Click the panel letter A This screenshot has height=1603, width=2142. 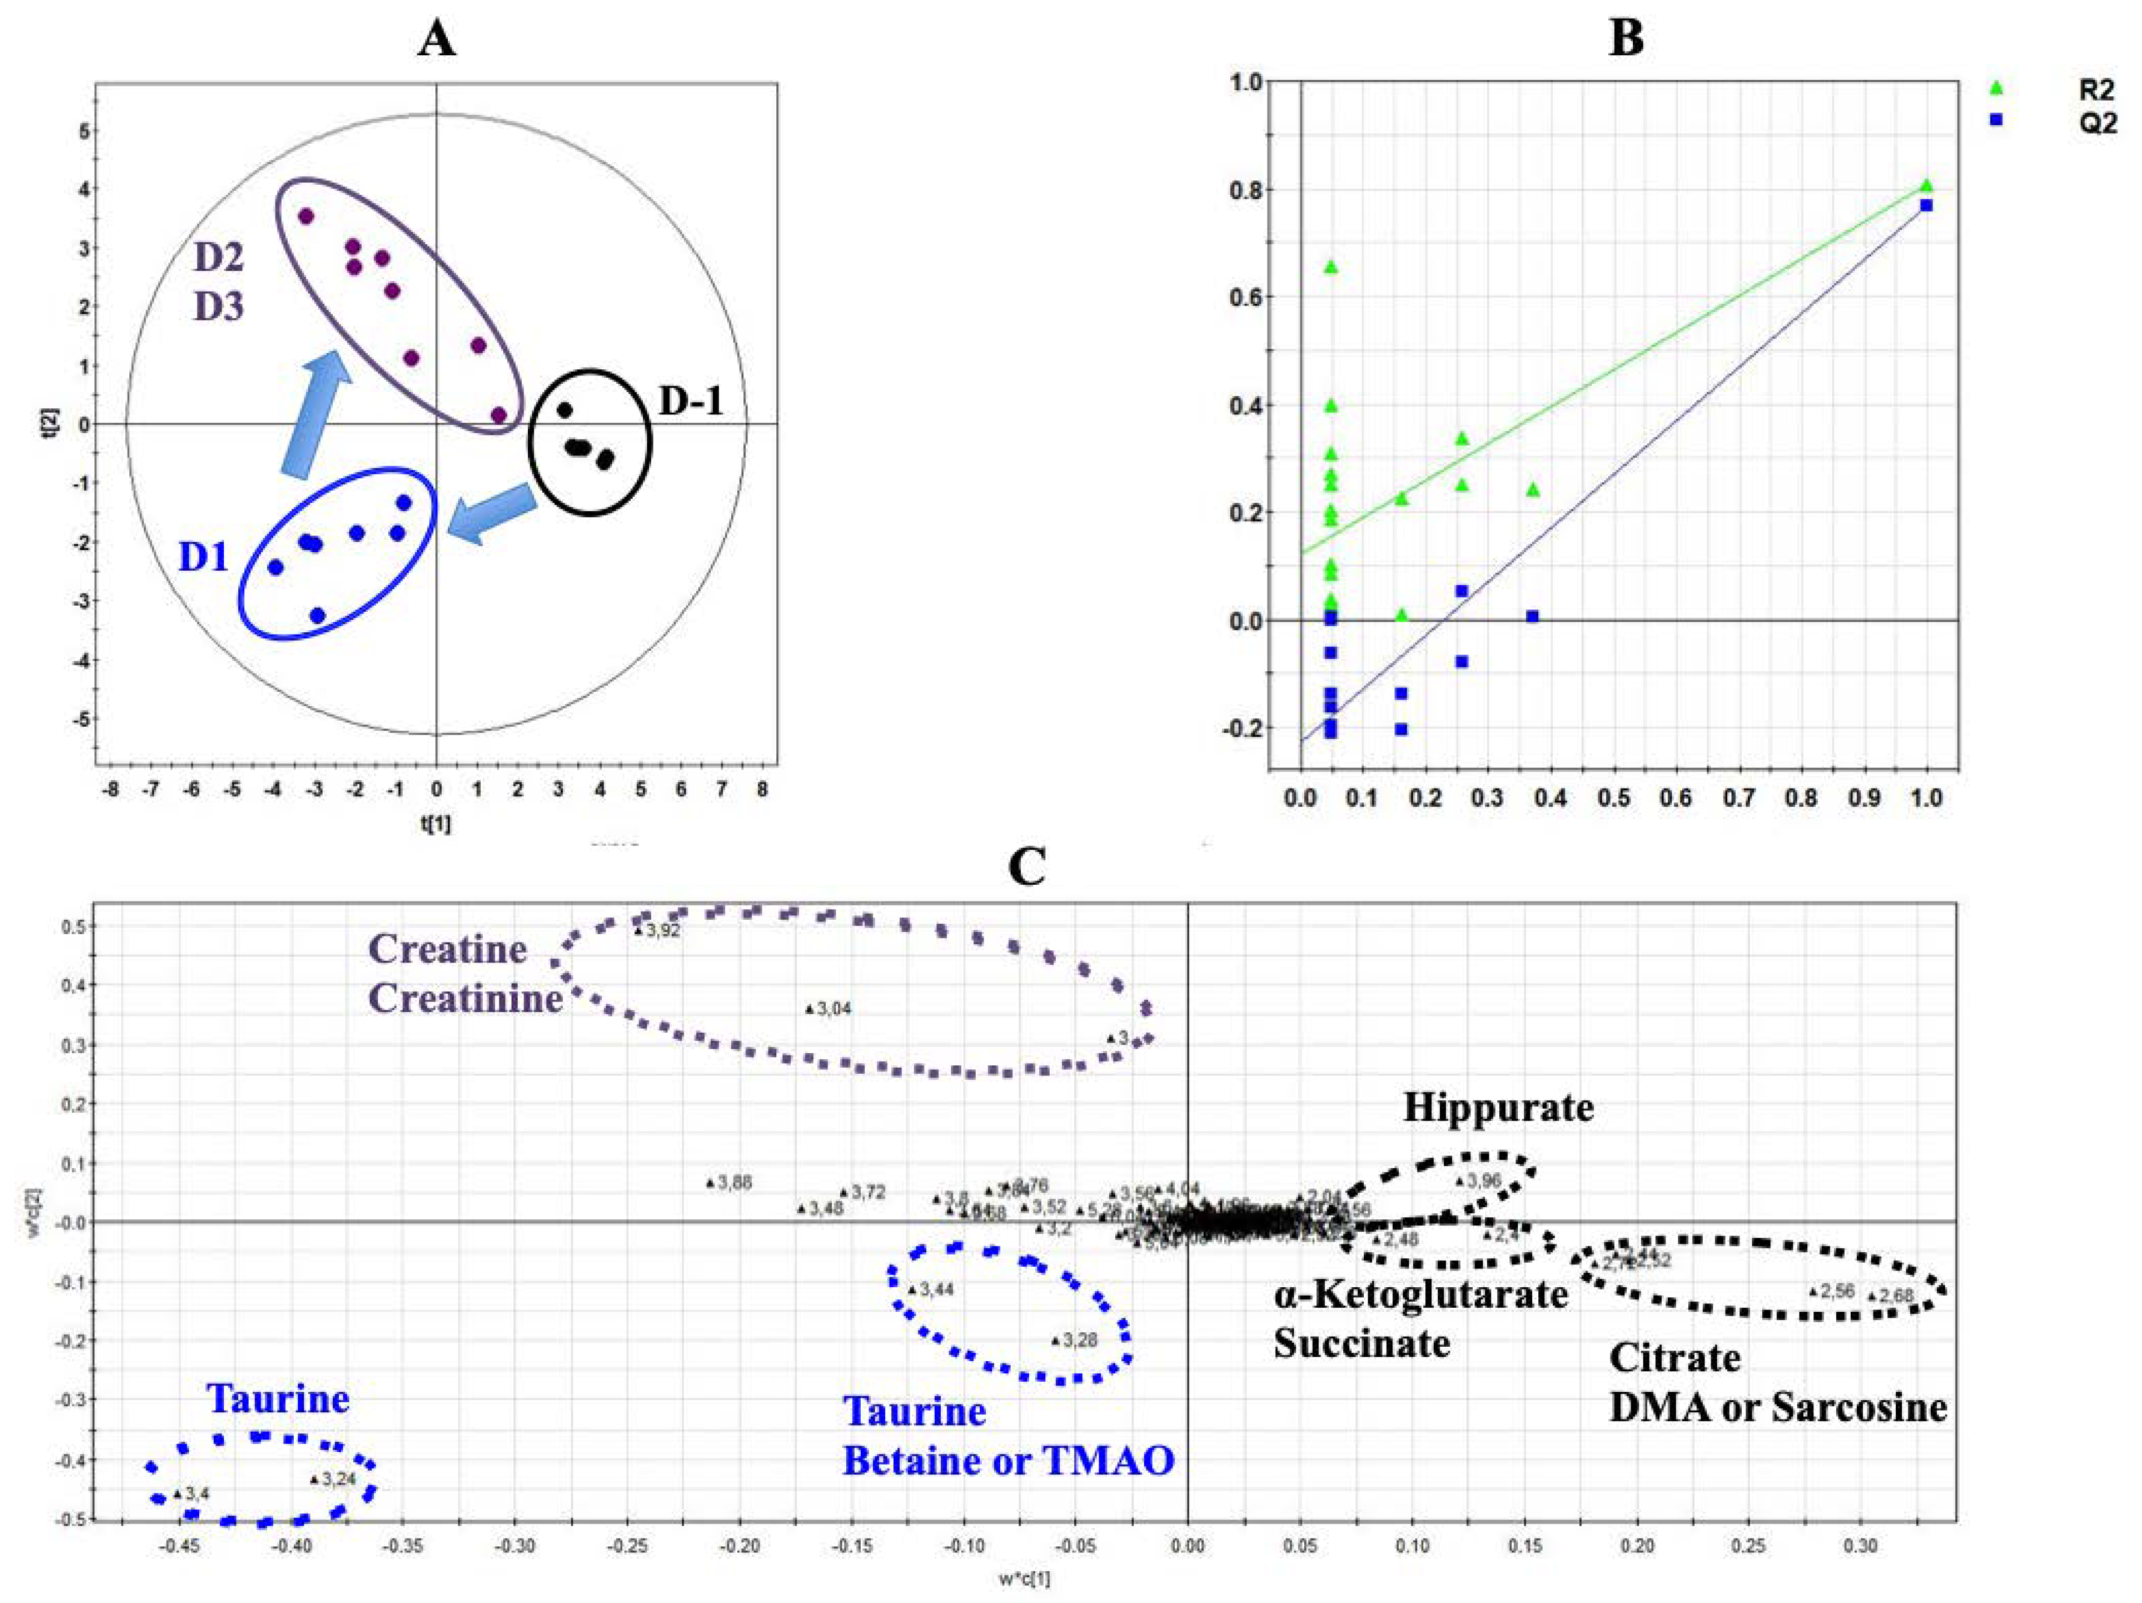[437, 41]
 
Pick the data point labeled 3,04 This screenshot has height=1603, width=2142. [809, 1009]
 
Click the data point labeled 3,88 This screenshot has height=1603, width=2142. [710, 1182]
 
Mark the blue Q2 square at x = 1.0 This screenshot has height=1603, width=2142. [1926, 205]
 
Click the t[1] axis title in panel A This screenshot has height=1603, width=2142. [437, 825]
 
